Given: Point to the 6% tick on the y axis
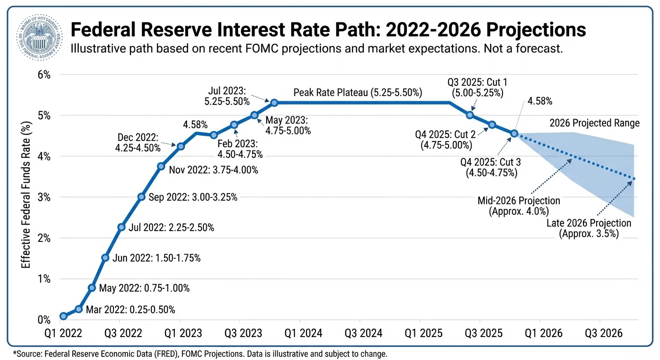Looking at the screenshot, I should (x=41, y=75).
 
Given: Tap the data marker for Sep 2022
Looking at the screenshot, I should (x=141, y=197).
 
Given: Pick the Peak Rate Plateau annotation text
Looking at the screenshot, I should (x=358, y=93).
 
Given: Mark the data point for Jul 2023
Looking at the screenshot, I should (x=274, y=102).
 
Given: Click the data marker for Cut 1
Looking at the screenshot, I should (x=470, y=115).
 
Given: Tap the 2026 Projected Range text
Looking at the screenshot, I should (x=594, y=123).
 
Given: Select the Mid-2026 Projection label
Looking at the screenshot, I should (x=519, y=201).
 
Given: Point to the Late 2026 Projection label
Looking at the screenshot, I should (x=589, y=223).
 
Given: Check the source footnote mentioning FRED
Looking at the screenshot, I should (x=200, y=353).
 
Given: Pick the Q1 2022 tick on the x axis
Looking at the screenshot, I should (x=63, y=334).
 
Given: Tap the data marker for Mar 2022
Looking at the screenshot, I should (x=79, y=309).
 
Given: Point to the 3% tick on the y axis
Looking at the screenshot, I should (x=41, y=197).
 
